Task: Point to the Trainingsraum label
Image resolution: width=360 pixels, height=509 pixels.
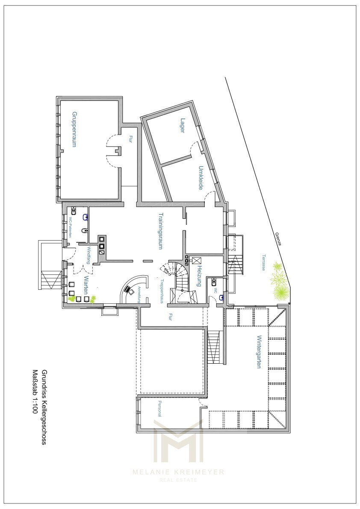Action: pyautogui.click(x=161, y=231)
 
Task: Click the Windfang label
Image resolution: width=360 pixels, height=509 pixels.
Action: pyautogui.click(x=89, y=255)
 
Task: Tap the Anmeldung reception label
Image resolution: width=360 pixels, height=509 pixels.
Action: pyautogui.click(x=139, y=295)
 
